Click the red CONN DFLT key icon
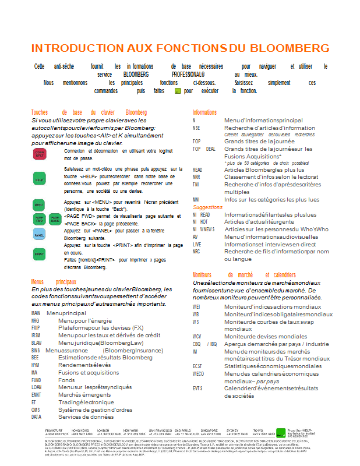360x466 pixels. point(39,154)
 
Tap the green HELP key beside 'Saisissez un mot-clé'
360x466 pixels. point(39,179)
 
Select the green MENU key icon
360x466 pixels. point(38,205)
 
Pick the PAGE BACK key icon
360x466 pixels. point(54,220)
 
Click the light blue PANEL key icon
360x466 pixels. point(39,235)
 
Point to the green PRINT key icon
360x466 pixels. point(39,255)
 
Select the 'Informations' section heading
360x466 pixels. point(204,112)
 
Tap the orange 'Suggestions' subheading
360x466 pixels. point(207,207)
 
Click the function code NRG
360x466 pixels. point(36,320)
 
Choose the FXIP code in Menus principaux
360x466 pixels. point(36,327)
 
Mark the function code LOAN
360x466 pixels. point(36,387)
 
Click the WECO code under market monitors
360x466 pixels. point(198,373)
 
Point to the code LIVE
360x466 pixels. point(197,244)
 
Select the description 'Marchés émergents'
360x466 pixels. point(84,394)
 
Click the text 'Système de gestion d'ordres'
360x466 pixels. point(95,409)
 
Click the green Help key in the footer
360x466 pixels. point(281,433)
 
